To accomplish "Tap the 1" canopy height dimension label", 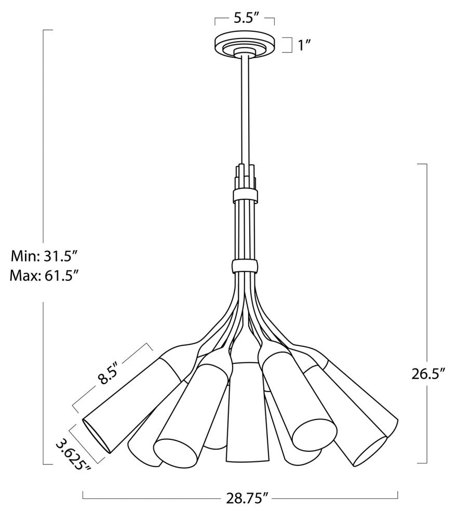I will pos(303,45).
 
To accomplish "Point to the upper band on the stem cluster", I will pos(245,196).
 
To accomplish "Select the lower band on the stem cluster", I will pos(245,266).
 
